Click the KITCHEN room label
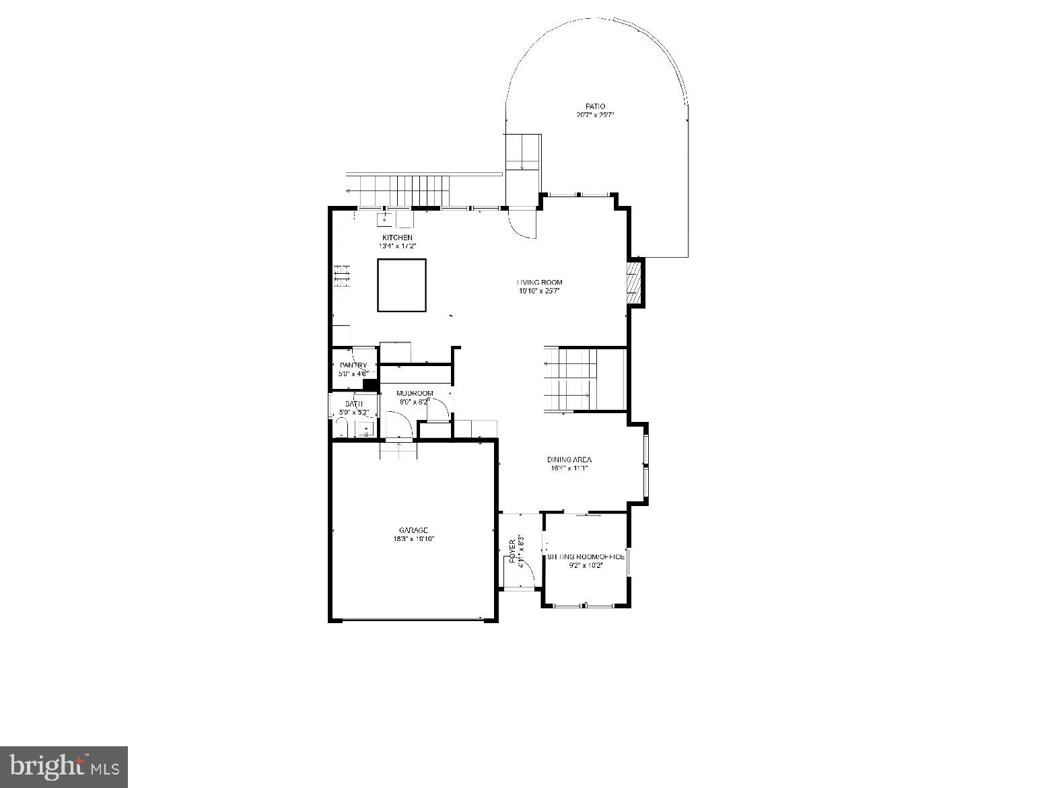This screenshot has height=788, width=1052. [397, 238]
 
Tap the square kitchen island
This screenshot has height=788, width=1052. [402, 285]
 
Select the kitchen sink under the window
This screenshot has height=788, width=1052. [385, 219]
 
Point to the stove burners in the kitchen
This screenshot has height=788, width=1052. [343, 276]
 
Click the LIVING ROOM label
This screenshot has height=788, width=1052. [539, 283]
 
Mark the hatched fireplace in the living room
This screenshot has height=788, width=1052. [633, 283]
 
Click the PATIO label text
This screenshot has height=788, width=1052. [595, 106]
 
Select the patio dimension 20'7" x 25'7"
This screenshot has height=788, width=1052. [595, 115]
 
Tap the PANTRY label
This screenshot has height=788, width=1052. [353, 365]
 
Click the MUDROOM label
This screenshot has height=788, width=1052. [415, 393]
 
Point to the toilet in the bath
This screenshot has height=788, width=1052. [341, 428]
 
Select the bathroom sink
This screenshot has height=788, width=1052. [366, 429]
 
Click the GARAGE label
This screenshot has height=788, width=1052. [413, 530]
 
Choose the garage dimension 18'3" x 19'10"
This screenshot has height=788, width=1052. [413, 539]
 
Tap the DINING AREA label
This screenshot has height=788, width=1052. [569, 460]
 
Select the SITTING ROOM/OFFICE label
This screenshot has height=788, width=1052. [586, 557]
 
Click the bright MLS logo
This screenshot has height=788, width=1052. [64, 766]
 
